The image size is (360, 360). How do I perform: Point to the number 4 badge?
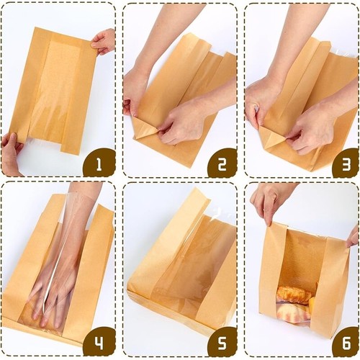coord(99,341)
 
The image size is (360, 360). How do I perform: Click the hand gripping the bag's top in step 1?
coord(104,41)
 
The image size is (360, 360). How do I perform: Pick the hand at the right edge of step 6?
coord(352,235)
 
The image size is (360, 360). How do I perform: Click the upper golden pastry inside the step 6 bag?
coord(293,294)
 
